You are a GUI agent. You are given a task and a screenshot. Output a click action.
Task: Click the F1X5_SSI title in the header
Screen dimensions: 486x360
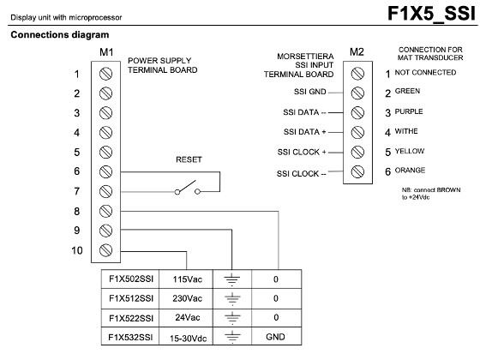431,14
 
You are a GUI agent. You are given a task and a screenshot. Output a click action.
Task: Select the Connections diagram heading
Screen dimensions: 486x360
60,35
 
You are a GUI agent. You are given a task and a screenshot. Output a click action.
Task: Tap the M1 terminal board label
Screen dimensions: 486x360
106,52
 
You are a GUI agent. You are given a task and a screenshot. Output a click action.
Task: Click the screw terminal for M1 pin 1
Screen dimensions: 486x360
105,74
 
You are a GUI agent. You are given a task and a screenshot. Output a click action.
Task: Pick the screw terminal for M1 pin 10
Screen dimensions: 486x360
105,250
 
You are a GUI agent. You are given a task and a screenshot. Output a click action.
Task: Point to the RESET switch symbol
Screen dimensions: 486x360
187,188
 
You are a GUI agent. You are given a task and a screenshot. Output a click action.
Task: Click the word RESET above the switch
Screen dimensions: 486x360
189,159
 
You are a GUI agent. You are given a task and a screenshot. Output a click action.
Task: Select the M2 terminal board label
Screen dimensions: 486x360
357,52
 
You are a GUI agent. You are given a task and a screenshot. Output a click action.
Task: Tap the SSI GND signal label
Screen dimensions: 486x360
310,92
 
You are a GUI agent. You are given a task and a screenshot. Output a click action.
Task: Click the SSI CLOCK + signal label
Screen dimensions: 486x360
302,153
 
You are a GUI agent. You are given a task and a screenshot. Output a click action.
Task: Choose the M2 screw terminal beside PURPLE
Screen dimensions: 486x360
357,113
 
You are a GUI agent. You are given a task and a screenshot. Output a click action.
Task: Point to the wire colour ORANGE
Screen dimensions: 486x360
410,171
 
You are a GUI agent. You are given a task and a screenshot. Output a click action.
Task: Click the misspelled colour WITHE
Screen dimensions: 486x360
406,131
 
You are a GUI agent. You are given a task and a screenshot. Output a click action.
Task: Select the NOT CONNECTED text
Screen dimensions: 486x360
425,73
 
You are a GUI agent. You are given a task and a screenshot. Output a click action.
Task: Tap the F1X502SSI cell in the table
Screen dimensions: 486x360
131,279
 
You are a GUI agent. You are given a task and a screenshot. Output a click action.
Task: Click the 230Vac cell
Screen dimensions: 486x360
187,298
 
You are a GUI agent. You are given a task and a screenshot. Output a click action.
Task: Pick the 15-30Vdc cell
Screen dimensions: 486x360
188,339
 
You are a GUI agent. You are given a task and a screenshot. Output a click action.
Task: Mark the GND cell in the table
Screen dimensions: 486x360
275,337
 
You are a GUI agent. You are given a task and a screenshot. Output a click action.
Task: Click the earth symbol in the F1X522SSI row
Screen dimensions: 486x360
232,317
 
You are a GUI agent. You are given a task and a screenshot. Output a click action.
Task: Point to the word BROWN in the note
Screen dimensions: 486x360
448,189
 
